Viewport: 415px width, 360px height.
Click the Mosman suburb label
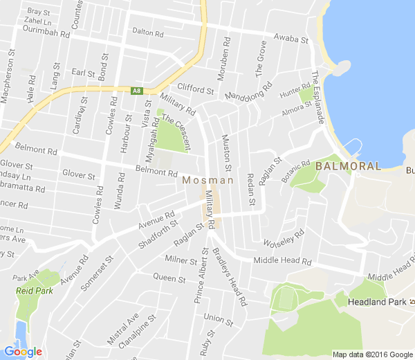coord(208,181)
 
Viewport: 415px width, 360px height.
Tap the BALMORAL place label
coord(348,166)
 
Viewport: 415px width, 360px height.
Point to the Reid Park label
coord(30,291)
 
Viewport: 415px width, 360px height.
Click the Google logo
coord(23,352)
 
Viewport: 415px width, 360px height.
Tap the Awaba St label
coord(290,39)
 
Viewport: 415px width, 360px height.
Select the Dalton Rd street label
coord(147,33)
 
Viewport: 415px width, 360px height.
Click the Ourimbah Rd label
coord(47,33)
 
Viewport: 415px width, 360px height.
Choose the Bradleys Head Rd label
coord(231,276)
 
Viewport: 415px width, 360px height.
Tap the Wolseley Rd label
coord(284,240)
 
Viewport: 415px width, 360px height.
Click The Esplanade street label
coord(318,97)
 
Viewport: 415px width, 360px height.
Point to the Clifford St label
coord(196,88)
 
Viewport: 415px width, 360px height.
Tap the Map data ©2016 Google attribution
coord(372,354)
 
